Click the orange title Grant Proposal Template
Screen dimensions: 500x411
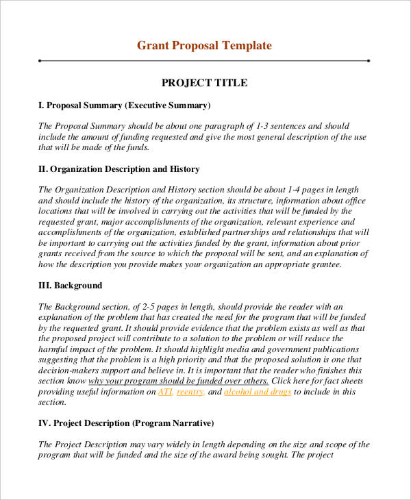click(204, 46)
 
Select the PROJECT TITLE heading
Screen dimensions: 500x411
click(204, 83)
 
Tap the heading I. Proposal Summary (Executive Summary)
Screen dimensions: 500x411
click(124, 105)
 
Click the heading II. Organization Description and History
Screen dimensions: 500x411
click(119, 168)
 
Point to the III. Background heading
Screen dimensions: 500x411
click(70, 285)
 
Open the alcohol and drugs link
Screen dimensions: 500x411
click(258, 392)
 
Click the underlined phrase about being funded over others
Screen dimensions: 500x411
click(178, 381)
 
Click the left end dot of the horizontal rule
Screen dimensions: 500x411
click(40, 60)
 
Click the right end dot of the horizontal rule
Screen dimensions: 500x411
click(369, 60)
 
